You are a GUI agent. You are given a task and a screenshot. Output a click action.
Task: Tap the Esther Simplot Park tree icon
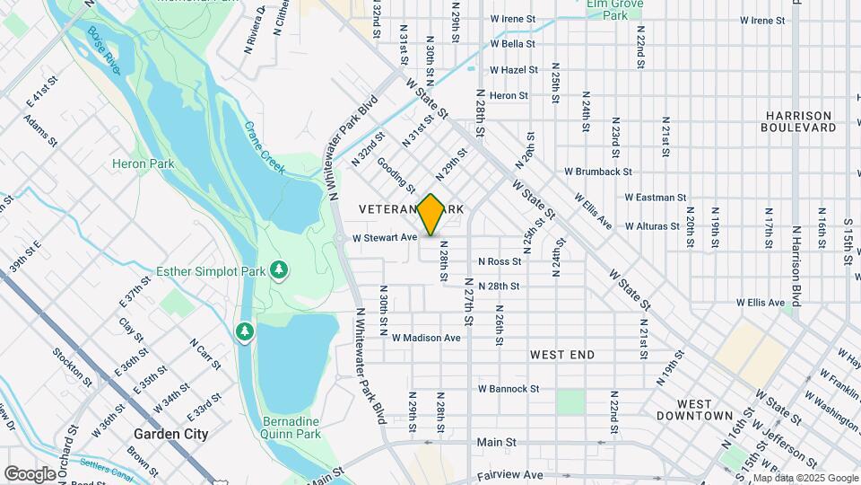coord(279,269)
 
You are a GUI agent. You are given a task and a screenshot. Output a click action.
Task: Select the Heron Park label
coord(135,163)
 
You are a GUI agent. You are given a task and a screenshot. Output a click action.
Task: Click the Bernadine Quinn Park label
coord(291,428)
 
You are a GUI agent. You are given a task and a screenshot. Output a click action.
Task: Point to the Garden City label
coord(170,434)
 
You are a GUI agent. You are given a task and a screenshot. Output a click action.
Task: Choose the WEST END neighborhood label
coord(562,355)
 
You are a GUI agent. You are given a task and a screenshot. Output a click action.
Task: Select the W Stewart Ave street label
coord(386,238)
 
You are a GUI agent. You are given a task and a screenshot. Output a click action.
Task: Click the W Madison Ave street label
coord(426,338)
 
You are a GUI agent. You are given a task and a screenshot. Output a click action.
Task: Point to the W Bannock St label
coord(508,389)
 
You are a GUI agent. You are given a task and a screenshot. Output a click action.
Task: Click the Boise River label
coord(104,50)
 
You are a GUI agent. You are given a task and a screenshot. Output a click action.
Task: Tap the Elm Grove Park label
coord(614,10)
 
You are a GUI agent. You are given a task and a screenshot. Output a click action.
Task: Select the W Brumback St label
coord(597,172)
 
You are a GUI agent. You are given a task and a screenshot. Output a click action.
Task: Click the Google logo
coord(30,473)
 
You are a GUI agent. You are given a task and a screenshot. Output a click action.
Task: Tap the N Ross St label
coord(500,261)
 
